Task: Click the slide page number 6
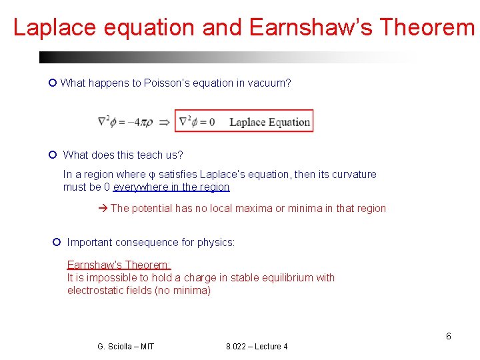tap(449, 336)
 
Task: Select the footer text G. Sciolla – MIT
tap(125, 346)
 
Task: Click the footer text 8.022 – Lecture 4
tap(257, 346)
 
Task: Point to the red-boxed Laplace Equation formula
tap(244, 121)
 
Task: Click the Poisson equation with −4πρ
tap(125, 121)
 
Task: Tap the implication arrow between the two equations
tap(164, 121)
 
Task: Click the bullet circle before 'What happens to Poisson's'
tap(53, 83)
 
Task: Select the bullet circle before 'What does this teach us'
tap(53, 155)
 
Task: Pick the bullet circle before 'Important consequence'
tap(57, 242)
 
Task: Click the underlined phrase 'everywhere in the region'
tap(171, 187)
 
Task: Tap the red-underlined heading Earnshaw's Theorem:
tap(119, 265)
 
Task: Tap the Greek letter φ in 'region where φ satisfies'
tap(151, 175)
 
